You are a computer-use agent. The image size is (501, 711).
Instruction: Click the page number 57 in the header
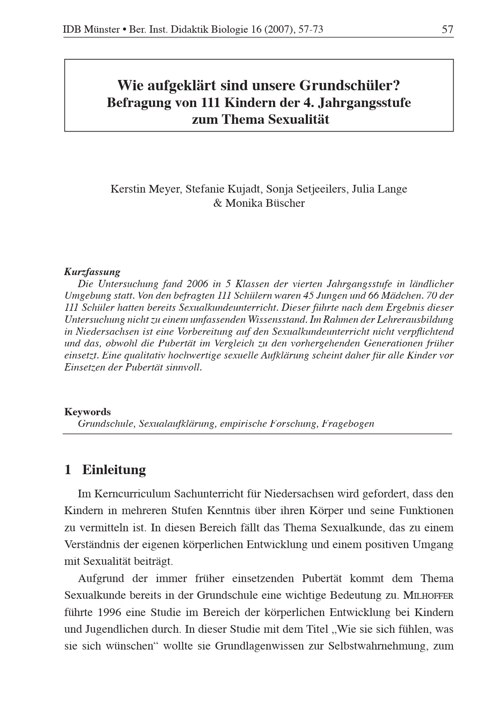[447, 29]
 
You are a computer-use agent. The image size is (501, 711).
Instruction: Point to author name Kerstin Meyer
[145, 189]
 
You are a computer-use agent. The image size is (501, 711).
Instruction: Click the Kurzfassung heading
[92, 272]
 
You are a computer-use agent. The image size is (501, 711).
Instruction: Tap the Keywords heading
[87, 412]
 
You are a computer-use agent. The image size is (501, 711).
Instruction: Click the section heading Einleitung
[114, 469]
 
